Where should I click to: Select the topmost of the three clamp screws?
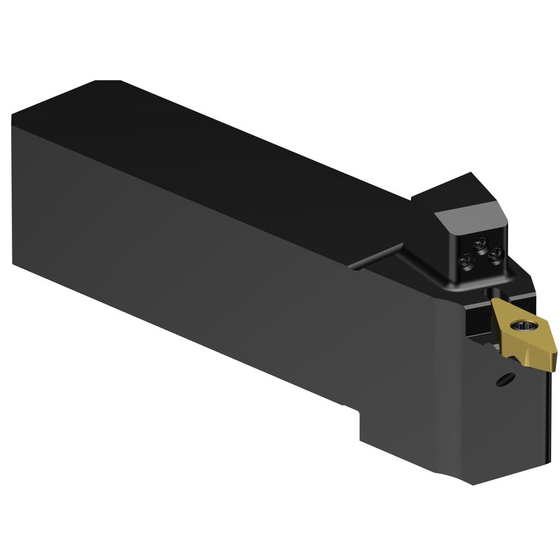click(x=481, y=246)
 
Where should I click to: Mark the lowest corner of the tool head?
click(x=473, y=484)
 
